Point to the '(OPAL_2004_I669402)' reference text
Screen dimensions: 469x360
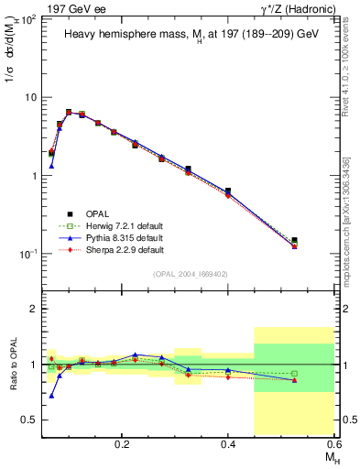pyautogui.click(x=191, y=272)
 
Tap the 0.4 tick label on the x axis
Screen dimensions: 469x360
pyautogui.click(x=227, y=443)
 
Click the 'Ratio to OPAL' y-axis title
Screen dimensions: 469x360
pyautogui.click(x=14, y=365)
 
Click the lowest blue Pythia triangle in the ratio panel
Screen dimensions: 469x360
pyautogui.click(x=51, y=396)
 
